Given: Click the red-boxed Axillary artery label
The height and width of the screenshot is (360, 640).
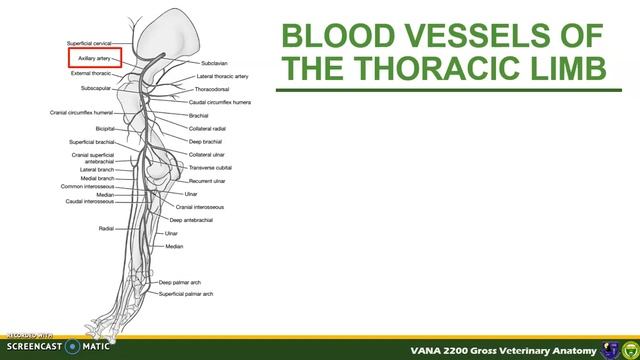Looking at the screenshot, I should (x=95, y=59).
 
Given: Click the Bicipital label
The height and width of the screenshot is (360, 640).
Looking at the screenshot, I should (x=104, y=129).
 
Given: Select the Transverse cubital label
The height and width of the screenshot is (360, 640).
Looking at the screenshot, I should (x=210, y=168).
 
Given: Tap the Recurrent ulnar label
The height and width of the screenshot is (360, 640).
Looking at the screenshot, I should (x=207, y=181).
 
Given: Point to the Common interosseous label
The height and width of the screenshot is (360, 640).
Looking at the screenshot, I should (x=87, y=186).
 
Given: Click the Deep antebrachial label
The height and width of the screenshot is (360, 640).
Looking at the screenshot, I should (x=190, y=220).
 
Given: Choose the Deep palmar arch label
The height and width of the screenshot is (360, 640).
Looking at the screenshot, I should (x=180, y=283).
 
